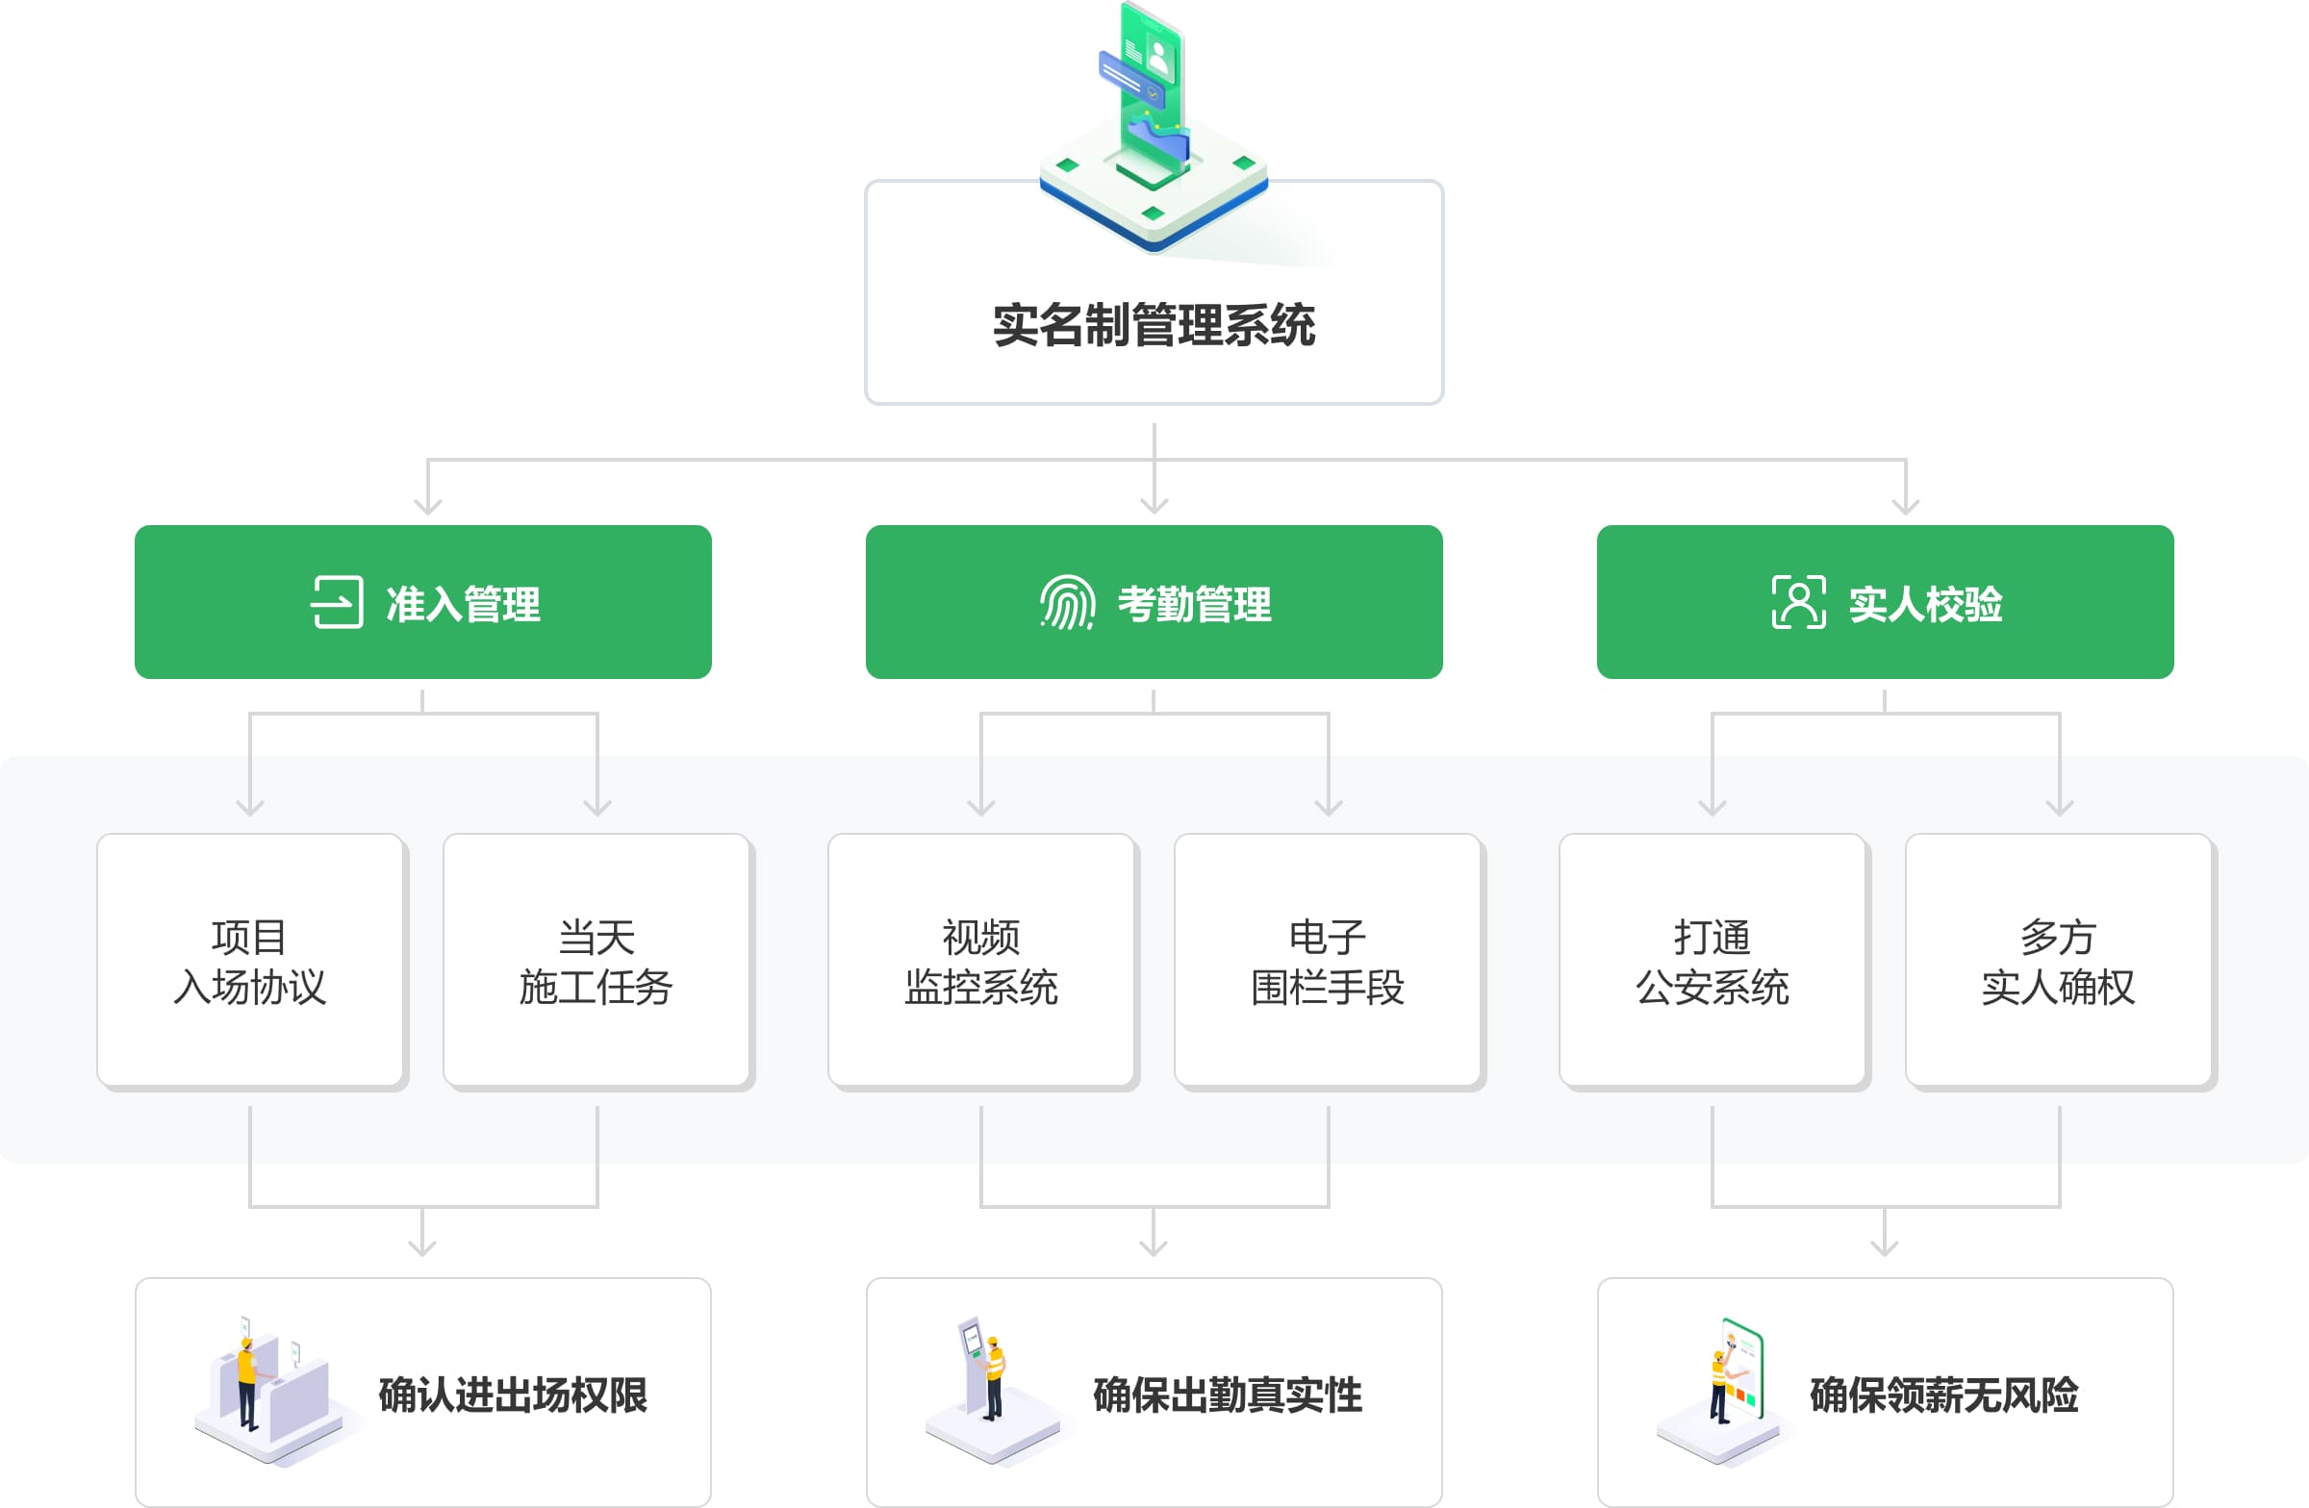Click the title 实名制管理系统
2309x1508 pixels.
[1154, 325]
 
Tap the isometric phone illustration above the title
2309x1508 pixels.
[1154, 126]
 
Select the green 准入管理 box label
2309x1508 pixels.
[463, 604]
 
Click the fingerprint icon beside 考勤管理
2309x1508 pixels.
[1067, 602]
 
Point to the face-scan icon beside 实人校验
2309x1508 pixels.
[1798, 602]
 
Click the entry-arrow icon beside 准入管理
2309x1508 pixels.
[337, 602]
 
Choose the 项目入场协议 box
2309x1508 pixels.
[250, 960]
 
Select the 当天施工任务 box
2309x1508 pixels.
[596, 960]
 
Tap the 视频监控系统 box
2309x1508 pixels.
[980, 960]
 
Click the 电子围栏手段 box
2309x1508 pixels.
[1327, 960]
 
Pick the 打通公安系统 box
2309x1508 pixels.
[1713, 960]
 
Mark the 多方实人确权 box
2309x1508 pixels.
[2058, 960]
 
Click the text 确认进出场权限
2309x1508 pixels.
[512, 1395]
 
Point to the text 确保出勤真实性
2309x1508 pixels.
[1228, 1395]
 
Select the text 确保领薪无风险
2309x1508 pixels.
[1943, 1395]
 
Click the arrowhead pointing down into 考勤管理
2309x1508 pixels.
[1154, 505]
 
